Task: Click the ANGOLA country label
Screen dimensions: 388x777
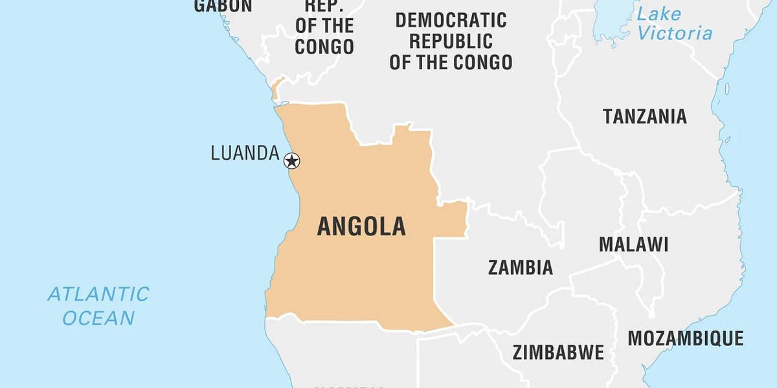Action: pyautogui.click(x=361, y=226)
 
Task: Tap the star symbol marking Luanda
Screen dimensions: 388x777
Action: pyautogui.click(x=292, y=160)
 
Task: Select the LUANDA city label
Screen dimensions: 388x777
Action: pyautogui.click(x=245, y=153)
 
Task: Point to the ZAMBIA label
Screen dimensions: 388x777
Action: pyautogui.click(x=521, y=267)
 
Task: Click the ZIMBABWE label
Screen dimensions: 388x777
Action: pyautogui.click(x=558, y=352)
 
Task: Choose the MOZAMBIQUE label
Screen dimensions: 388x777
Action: pyautogui.click(x=685, y=338)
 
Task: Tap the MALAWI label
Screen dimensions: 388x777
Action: pyautogui.click(x=633, y=244)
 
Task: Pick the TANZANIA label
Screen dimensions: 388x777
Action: pyautogui.click(x=644, y=116)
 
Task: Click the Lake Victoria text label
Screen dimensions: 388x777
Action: pyautogui.click(x=673, y=24)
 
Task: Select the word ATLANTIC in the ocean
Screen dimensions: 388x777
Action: pyautogui.click(x=98, y=294)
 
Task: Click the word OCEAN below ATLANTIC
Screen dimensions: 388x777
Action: pyautogui.click(x=99, y=318)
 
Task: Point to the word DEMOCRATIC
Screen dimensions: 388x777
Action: pyautogui.click(x=451, y=20)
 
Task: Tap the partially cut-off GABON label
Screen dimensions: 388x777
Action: pyautogui.click(x=223, y=6)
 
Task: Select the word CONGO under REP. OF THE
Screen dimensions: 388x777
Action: pyautogui.click(x=324, y=47)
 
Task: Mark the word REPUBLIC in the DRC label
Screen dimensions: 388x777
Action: pyautogui.click(x=451, y=41)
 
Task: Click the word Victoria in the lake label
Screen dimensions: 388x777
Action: pyautogui.click(x=673, y=34)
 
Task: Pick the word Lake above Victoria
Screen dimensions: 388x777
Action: pyautogui.click(x=659, y=14)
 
